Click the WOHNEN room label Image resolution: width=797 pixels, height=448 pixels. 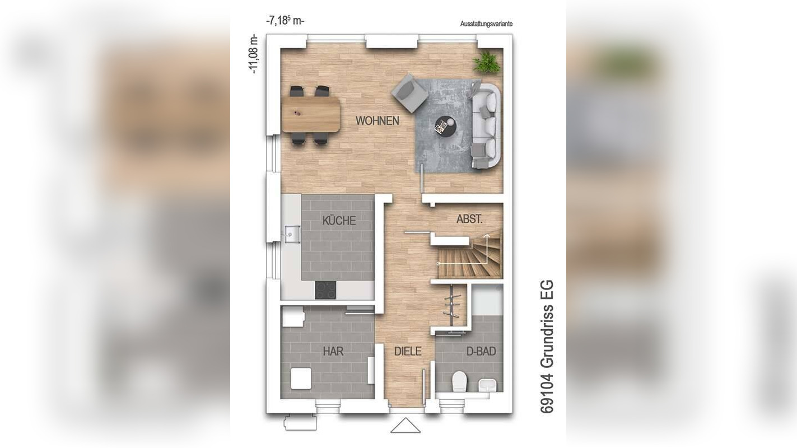[377, 121]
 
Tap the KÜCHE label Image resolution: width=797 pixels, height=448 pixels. [339, 221]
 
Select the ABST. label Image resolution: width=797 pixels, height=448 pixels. [469, 220]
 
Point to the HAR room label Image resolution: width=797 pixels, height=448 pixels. [333, 352]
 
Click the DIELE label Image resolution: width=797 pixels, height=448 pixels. [407, 352]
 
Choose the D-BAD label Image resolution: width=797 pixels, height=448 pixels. [481, 352]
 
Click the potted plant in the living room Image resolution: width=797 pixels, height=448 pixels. [486, 62]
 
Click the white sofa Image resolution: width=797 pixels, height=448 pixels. [486, 125]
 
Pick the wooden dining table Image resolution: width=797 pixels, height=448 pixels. [311, 114]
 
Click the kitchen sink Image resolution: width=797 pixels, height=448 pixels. [291, 234]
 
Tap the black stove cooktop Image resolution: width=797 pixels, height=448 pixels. [325, 290]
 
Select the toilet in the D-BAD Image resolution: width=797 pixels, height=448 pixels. [459, 382]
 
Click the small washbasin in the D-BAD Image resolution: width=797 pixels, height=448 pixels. [487, 385]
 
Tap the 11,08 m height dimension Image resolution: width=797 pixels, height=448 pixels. [254, 54]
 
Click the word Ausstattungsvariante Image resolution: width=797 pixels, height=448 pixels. [486, 24]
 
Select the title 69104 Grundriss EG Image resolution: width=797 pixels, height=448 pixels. [547, 347]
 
